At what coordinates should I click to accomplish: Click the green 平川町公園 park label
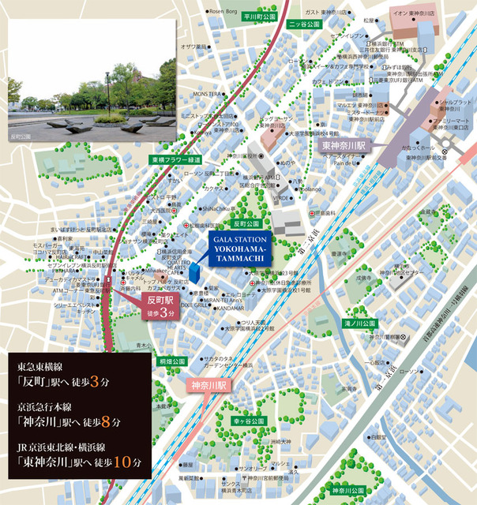[x=258, y=16]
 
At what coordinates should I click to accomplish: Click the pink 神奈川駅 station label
[x=208, y=387]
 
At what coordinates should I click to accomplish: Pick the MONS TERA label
[x=207, y=94]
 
